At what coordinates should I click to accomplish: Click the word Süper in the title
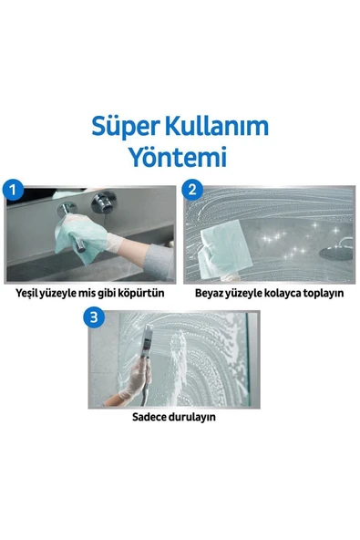pyautogui.click(x=126, y=128)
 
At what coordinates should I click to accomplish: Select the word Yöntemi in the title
pyautogui.click(x=178, y=157)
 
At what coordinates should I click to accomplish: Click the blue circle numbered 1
pyautogui.click(x=13, y=189)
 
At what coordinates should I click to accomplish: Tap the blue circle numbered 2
pyautogui.click(x=192, y=189)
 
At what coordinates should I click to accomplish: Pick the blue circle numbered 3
pyautogui.click(x=94, y=317)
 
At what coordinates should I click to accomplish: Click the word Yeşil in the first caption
pyautogui.click(x=26, y=294)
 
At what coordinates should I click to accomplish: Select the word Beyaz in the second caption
pyautogui.click(x=209, y=294)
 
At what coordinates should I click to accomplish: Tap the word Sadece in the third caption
pyautogui.click(x=146, y=417)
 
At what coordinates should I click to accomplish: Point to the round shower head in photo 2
pyautogui.click(x=336, y=252)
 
